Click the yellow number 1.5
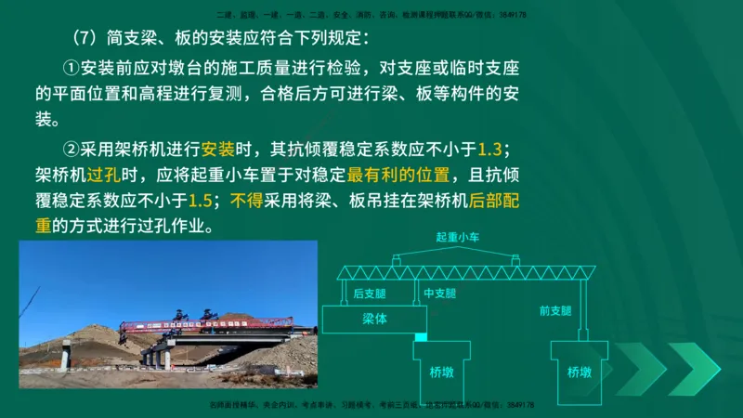[201, 200]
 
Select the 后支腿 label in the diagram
[369, 294]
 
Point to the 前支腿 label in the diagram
[556, 310]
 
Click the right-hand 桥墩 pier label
[580, 372]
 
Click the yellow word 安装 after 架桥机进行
[219, 149]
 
